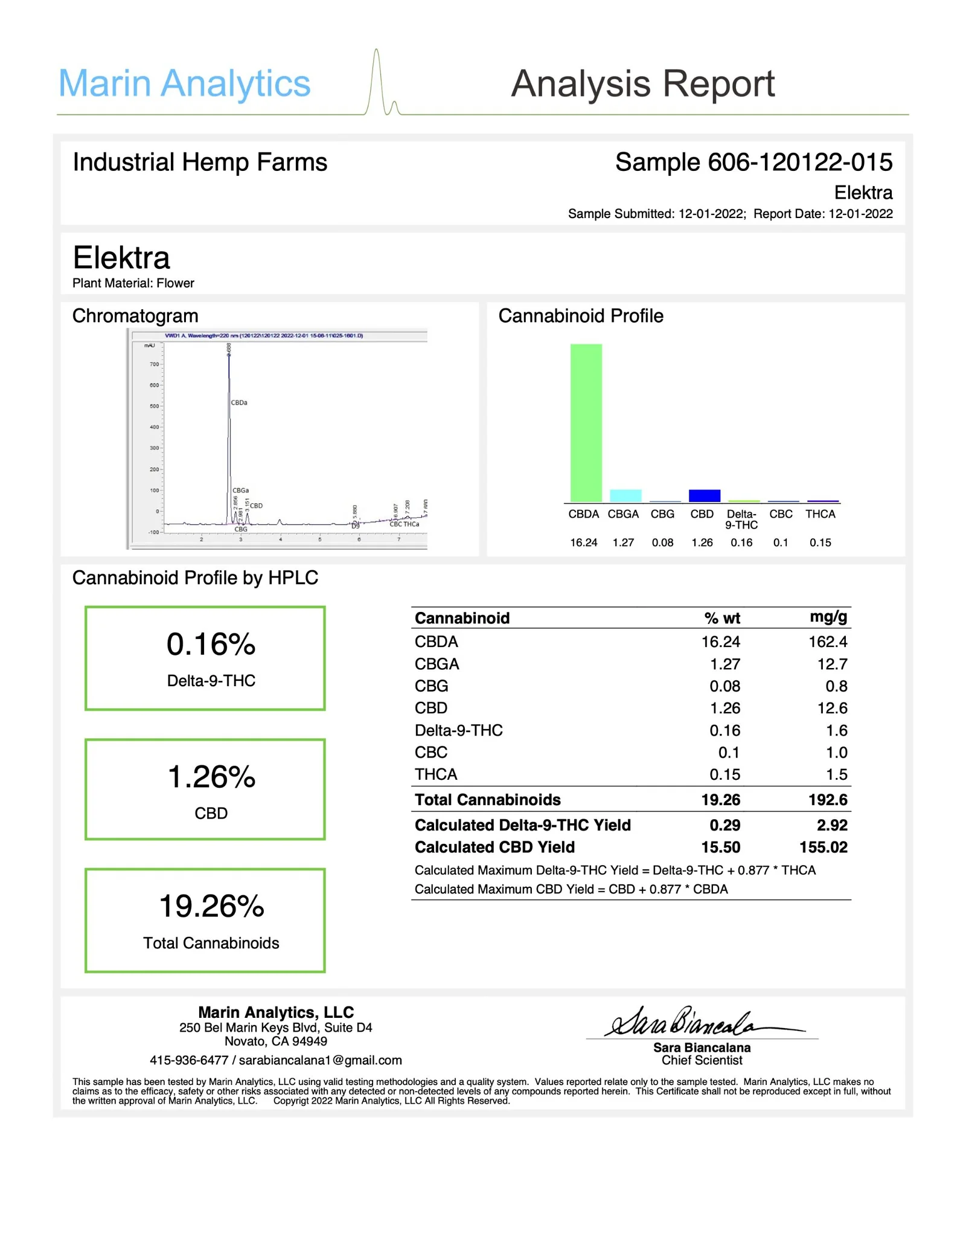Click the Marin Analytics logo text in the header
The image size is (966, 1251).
pos(184,83)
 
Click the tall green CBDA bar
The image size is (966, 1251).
pos(586,422)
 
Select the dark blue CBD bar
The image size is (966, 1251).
pos(704,495)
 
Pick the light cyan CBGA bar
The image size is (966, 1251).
pos(625,495)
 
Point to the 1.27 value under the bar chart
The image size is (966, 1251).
pos(623,542)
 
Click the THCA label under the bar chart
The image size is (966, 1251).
pos(820,514)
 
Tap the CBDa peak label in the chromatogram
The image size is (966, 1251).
pos(239,402)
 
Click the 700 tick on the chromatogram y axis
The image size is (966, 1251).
pos(154,364)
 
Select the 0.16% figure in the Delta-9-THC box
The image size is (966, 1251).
pos(211,645)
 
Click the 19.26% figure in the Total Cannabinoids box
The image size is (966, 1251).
pos(211,907)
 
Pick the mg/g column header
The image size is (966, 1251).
pos(828,617)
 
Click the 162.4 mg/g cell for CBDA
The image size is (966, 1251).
pos(828,642)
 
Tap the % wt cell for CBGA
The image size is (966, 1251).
pos(724,664)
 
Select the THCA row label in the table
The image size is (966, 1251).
pos(436,774)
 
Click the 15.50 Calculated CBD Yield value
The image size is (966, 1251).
pos(720,847)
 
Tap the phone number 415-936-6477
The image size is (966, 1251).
pos(189,1060)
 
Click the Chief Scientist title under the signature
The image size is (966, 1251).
pos(702,1060)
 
